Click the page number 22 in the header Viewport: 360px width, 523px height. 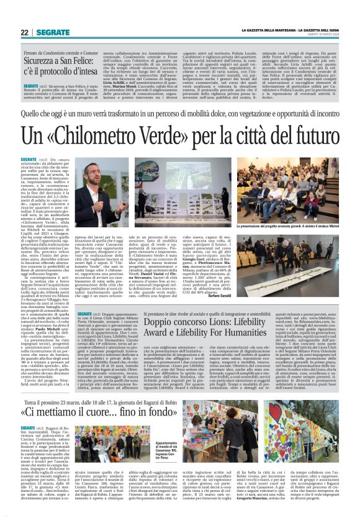24,32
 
